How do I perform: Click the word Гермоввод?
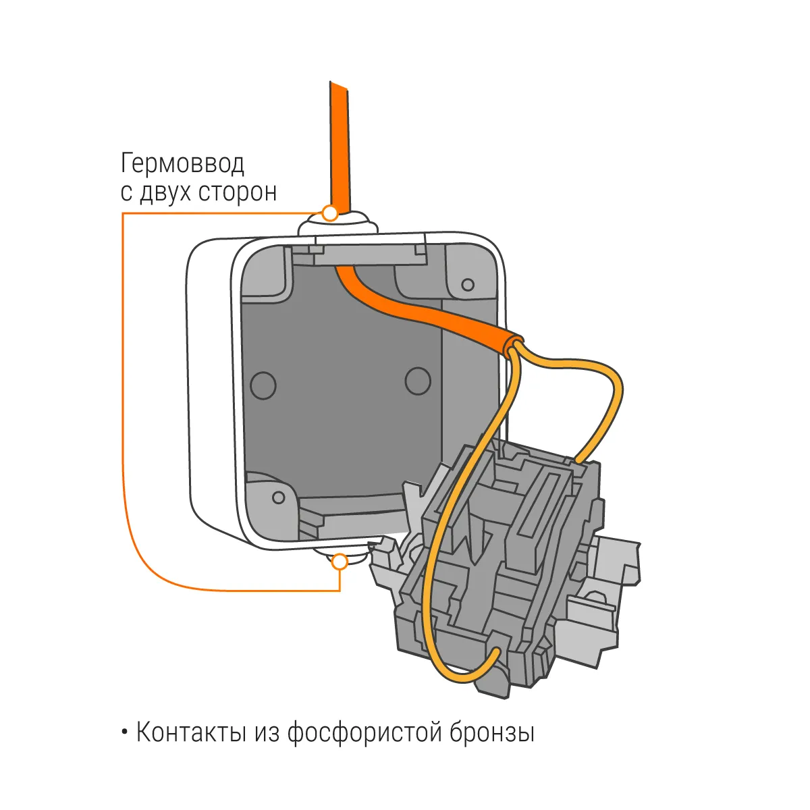(x=182, y=164)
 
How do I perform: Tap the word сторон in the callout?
(x=238, y=193)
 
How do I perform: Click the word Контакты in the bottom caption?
(x=191, y=732)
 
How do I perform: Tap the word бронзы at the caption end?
(x=492, y=732)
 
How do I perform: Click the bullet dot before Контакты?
(x=124, y=732)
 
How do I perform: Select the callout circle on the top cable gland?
(x=330, y=213)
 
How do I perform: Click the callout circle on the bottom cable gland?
(x=340, y=562)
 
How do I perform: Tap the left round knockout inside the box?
(x=263, y=385)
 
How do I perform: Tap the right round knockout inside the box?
(x=417, y=381)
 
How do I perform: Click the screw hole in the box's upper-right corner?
(x=468, y=285)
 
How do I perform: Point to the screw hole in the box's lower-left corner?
(x=278, y=497)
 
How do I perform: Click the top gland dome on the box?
(x=338, y=222)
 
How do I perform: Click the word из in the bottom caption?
(x=267, y=733)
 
